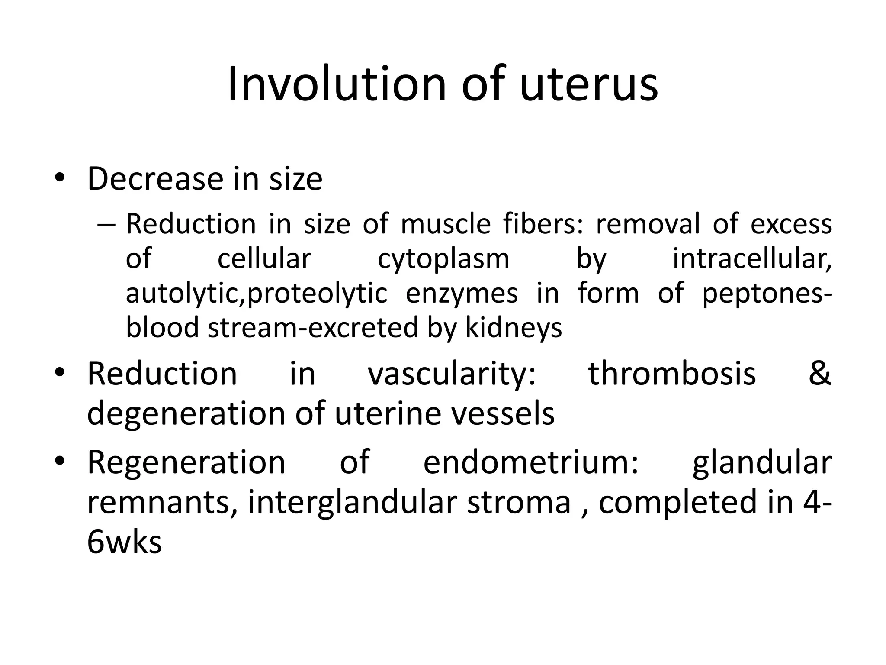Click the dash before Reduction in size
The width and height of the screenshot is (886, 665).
[106, 225]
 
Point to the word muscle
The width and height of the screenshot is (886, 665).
[446, 225]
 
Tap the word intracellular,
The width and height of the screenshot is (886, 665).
[752, 259]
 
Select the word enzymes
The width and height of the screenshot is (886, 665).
[462, 294]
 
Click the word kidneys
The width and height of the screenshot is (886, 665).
[514, 328]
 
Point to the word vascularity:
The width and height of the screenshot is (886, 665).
[452, 374]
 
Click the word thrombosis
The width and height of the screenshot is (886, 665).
[672, 374]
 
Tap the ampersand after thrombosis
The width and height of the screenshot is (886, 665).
[819, 374]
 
